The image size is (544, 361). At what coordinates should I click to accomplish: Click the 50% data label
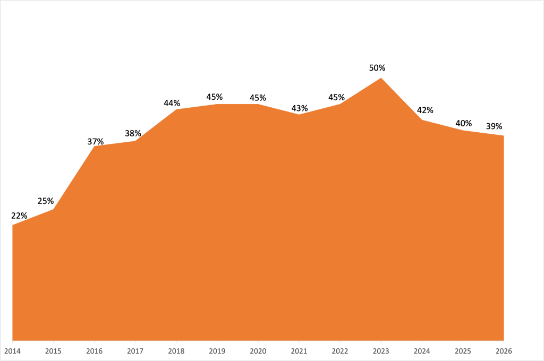pos(377,68)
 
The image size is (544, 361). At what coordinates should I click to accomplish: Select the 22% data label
pos(19,216)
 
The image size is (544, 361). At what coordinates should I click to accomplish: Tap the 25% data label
pos(46,201)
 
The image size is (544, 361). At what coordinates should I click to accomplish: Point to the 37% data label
pos(96,142)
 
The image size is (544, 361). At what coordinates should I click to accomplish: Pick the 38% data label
pos(133,134)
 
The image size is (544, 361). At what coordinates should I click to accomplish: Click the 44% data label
pos(172,103)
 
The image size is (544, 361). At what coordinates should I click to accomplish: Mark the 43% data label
pos(300,108)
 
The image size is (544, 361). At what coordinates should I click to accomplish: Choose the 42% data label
pos(425,110)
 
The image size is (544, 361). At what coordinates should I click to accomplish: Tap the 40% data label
pos(464,124)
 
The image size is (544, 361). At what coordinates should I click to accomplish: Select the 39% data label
pos(494,126)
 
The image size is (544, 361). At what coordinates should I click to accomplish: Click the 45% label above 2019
pos(215,97)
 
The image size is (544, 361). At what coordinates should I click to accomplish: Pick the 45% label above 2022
pos(337,98)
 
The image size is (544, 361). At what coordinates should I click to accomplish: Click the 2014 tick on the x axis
pos(12,351)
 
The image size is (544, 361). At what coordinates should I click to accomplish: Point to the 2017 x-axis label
pos(135,351)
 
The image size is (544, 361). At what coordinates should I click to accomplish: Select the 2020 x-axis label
pos(258,351)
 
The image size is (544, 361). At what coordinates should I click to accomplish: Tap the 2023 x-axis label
pos(381,351)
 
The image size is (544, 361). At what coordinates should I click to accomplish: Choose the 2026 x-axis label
pos(504,351)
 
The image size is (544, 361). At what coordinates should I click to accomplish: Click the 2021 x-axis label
pos(299,351)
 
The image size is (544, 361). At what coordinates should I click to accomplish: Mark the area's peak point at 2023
pos(381,78)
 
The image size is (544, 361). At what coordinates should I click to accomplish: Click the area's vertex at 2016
pos(94,147)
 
